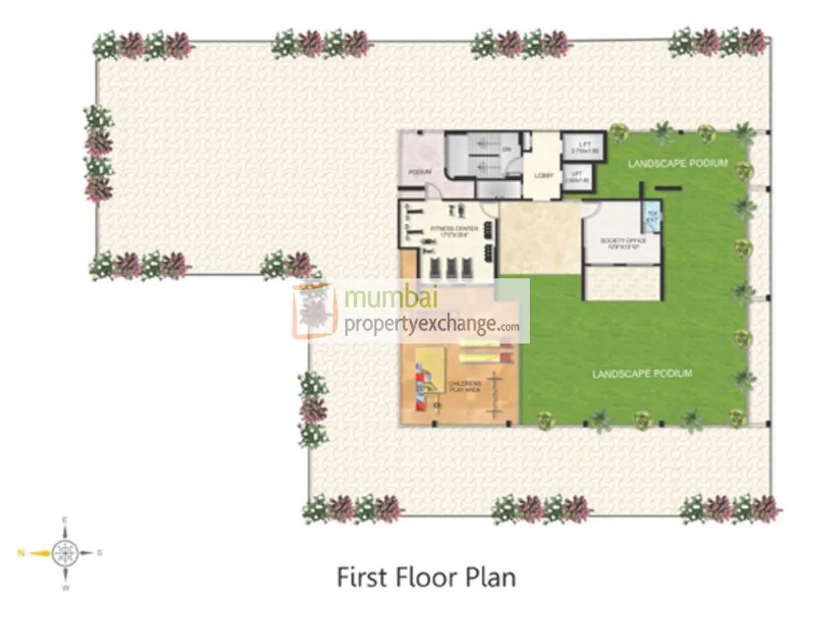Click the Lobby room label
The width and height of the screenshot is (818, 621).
543,176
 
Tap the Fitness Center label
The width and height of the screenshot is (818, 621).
455,229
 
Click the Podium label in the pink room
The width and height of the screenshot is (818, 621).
420,171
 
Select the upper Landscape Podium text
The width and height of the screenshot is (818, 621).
677,163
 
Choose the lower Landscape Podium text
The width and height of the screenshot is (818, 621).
641,373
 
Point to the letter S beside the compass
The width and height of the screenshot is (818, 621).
99,553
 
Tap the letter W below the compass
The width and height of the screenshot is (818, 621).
65,589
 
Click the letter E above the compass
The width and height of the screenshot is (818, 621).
65,519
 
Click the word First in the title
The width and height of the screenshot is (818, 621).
360,577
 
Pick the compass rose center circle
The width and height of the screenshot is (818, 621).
65,553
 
